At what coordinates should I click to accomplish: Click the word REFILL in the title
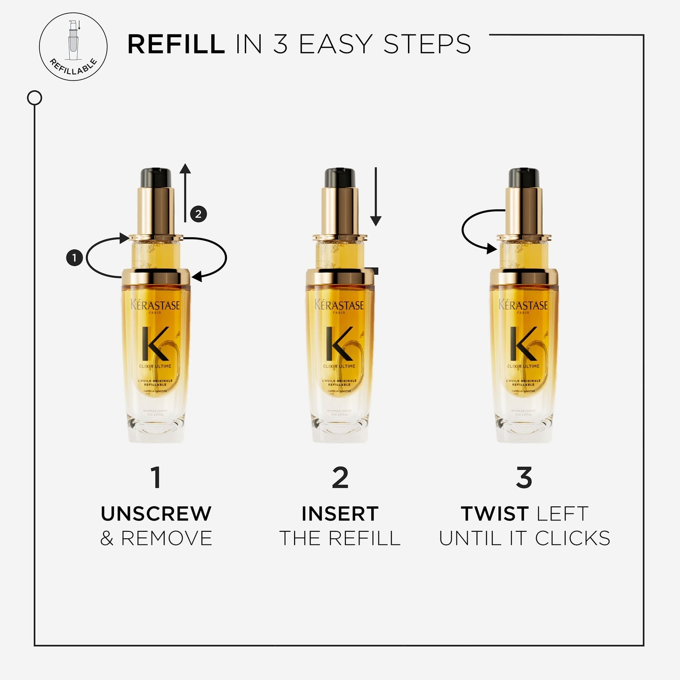tap(176, 45)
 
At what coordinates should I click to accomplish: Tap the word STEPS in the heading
tap(427, 45)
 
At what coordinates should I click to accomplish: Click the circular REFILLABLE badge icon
tap(73, 47)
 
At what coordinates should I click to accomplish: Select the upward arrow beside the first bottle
tap(185, 193)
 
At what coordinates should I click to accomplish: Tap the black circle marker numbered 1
tap(74, 258)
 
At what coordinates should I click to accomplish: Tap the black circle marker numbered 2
tap(199, 214)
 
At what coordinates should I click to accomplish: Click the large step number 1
tap(156, 478)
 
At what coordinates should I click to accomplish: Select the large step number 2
tap(340, 478)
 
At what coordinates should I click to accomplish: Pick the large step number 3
tap(524, 478)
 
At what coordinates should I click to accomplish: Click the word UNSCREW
tap(156, 514)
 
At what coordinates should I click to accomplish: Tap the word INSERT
tap(340, 514)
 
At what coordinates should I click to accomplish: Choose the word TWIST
tap(495, 514)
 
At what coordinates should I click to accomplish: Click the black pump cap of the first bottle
tap(156, 177)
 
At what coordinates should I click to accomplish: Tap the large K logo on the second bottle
tap(339, 344)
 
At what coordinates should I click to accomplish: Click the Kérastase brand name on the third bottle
tap(523, 305)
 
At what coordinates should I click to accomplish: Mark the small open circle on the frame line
tap(34, 98)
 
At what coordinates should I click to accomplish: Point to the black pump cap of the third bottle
tap(524, 177)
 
